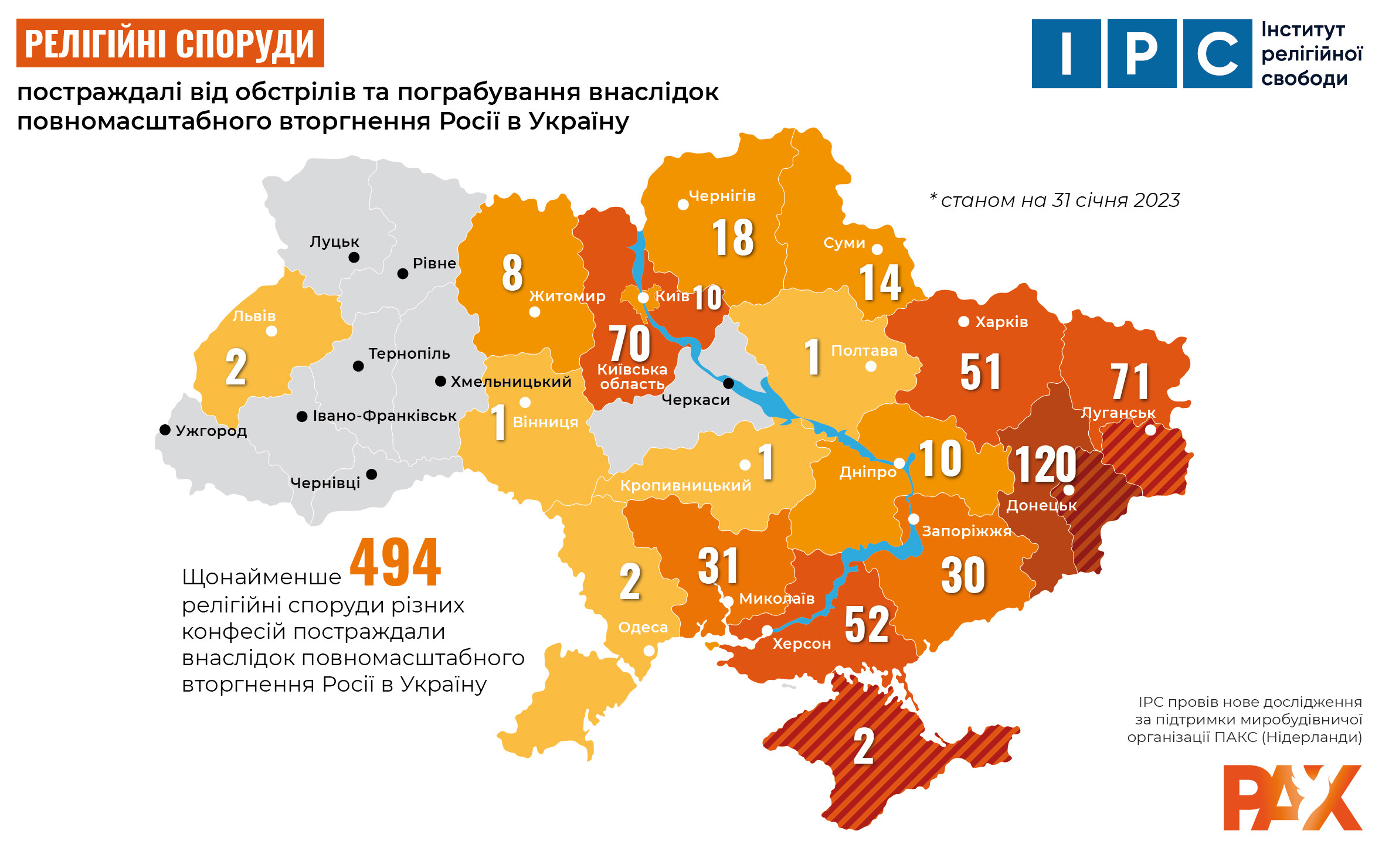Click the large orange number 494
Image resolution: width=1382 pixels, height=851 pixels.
click(395, 563)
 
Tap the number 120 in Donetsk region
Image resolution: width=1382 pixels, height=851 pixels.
click(1045, 465)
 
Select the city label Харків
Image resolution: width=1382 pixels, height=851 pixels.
click(1001, 322)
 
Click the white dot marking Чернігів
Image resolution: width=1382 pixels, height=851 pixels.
click(683, 205)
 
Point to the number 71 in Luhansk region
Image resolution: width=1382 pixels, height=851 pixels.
click(1129, 382)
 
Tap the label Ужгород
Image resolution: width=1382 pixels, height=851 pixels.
click(211, 431)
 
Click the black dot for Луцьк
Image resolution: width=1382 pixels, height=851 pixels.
click(354, 257)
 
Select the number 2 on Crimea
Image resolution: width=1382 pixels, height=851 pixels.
click(864, 747)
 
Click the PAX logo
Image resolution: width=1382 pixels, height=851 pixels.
click(1292, 798)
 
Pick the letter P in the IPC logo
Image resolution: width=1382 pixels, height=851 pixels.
click(1142, 53)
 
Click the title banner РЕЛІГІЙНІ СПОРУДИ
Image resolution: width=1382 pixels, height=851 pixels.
click(170, 43)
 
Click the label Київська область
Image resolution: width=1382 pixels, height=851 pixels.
click(632, 377)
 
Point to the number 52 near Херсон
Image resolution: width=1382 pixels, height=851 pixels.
click(867, 625)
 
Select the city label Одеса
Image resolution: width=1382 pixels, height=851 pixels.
click(643, 627)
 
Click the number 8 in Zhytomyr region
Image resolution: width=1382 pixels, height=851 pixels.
click(512, 273)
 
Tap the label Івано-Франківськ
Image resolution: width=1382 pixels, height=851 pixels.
click(384, 416)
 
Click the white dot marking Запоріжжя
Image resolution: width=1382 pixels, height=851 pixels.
click(914, 519)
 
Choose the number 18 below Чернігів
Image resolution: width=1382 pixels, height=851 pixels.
click(732, 238)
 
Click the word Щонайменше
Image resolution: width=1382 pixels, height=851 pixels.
click(262, 577)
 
